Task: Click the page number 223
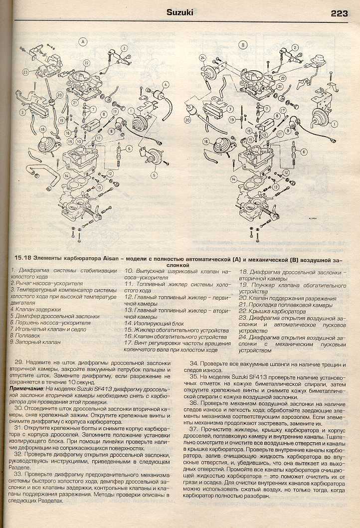point(339,13)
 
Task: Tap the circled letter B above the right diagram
point(243,45)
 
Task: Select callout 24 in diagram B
point(202,58)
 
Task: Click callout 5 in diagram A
point(154,175)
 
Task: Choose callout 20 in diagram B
point(188,120)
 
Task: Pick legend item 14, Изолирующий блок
point(150,323)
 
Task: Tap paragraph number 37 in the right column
point(194,430)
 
